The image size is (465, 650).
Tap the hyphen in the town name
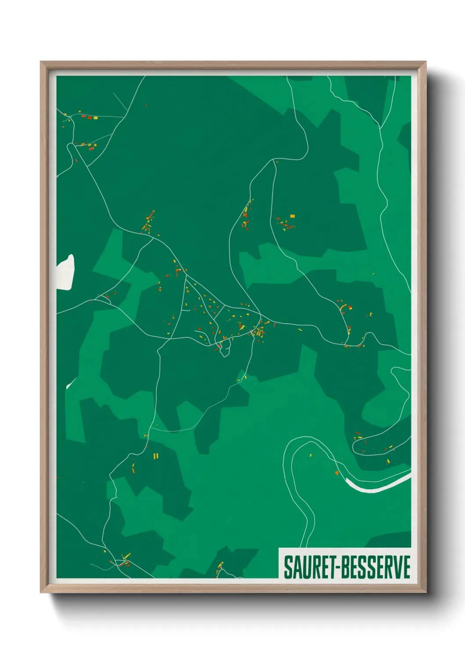tap(338, 567)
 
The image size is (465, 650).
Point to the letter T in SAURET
tap(331, 567)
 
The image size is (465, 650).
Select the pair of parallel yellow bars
tap(155, 456)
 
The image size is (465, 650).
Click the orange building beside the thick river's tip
tap(337, 473)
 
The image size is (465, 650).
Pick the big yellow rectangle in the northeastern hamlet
tap(293, 216)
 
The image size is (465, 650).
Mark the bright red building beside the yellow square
tap(90, 117)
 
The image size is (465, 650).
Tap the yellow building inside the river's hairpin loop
tap(310, 455)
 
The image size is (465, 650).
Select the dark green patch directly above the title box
tap(387, 539)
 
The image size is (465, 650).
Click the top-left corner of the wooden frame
tap(41, 62)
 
